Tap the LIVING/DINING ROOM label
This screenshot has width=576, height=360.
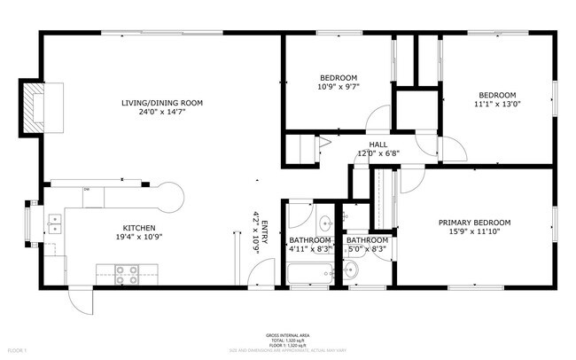click(x=162, y=103)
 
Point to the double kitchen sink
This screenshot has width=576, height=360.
click(x=54, y=223)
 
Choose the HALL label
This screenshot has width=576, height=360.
click(x=378, y=145)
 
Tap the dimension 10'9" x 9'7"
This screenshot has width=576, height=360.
click(x=338, y=87)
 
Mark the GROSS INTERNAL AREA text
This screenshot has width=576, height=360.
click(x=287, y=335)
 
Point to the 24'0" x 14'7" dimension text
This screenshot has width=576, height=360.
click(x=162, y=113)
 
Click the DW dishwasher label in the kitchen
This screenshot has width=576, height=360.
click(x=87, y=190)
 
